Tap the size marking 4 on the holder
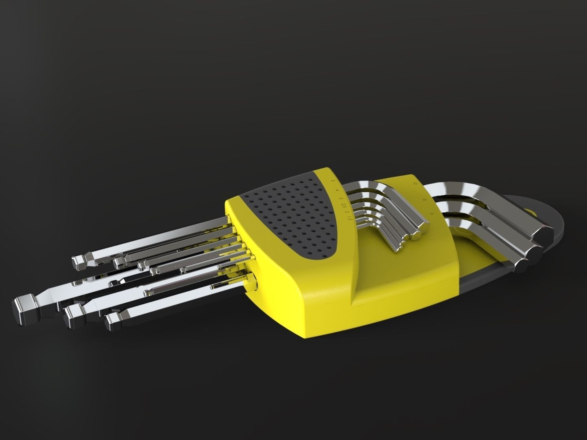[337, 190]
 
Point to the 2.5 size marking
[343, 206]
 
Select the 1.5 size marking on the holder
[349, 219]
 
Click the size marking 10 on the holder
[415, 184]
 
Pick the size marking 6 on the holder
[431, 213]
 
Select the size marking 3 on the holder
[340, 198]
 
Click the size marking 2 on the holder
[346, 213]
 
